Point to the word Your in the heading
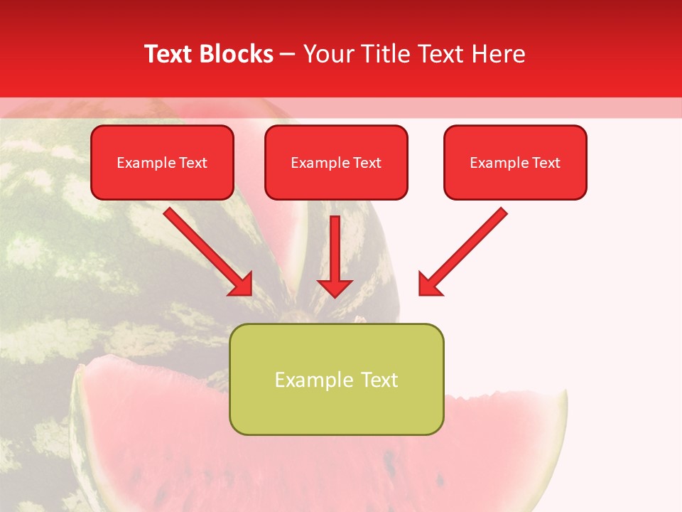point(328,54)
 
